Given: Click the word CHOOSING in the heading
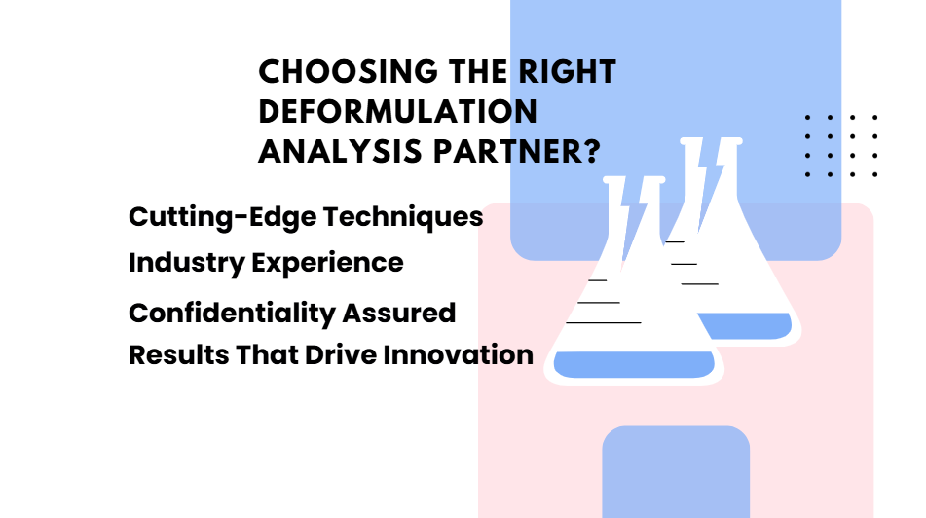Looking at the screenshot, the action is point(349,71).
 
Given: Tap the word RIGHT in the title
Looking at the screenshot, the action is point(568,71).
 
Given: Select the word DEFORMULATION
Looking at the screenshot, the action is point(398,111).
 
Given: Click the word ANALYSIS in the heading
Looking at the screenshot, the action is point(341,151).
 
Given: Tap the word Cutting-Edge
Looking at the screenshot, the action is point(223,217).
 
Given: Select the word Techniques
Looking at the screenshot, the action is point(403,217).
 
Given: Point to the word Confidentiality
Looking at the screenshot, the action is point(232,314).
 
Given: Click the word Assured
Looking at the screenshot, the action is point(399,314).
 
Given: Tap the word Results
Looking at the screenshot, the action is point(179,355).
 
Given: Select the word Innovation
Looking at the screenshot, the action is point(459,355).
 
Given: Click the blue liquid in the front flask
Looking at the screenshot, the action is point(634,364).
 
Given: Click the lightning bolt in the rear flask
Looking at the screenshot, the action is point(709,183).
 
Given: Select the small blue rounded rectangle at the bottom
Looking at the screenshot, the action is point(676,472).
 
